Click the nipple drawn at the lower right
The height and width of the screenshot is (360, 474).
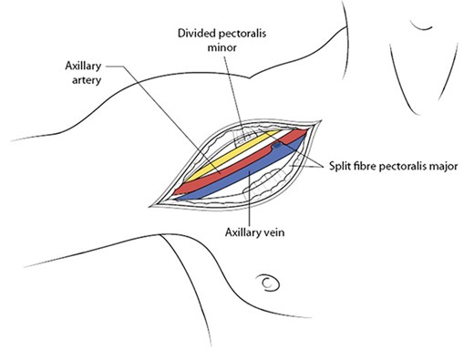click(x=270, y=283)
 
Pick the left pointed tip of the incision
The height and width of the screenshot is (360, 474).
click(x=157, y=205)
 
